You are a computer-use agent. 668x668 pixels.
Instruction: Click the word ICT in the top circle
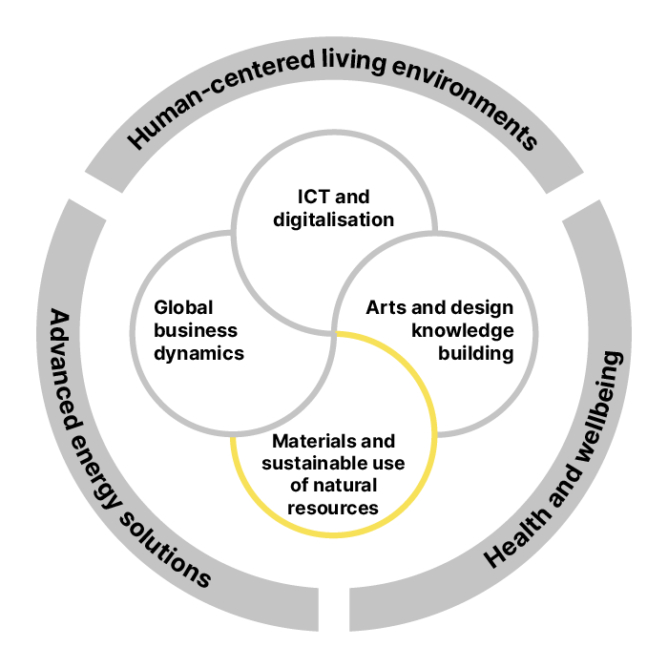pyautogui.click(x=313, y=197)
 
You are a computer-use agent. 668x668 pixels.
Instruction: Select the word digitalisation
pyautogui.click(x=334, y=220)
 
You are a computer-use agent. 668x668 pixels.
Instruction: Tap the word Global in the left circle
pyautogui.click(x=183, y=307)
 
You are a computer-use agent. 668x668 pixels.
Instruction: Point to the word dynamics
pyautogui.click(x=198, y=354)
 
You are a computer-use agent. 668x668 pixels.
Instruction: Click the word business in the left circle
pyautogui.click(x=196, y=330)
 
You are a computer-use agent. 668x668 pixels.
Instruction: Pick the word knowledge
pyautogui.click(x=463, y=331)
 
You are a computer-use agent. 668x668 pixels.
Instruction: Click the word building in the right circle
pyautogui.click(x=476, y=354)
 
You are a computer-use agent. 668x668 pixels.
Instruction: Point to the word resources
pyautogui.click(x=333, y=509)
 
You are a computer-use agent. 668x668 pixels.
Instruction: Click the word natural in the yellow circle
pyautogui.click(x=344, y=486)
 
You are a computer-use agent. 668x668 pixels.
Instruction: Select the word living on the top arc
pyautogui.click(x=353, y=62)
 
